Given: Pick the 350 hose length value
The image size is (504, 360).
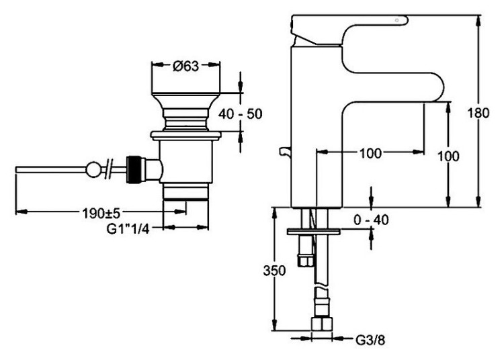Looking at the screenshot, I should coord(274,271).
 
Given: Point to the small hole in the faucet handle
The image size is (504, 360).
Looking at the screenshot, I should coord(398,21).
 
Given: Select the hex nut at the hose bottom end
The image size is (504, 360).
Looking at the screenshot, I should coord(322,326).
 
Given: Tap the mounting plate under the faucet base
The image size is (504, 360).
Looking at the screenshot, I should coord(314,232).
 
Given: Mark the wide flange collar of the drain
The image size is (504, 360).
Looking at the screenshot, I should coord(186,135).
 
